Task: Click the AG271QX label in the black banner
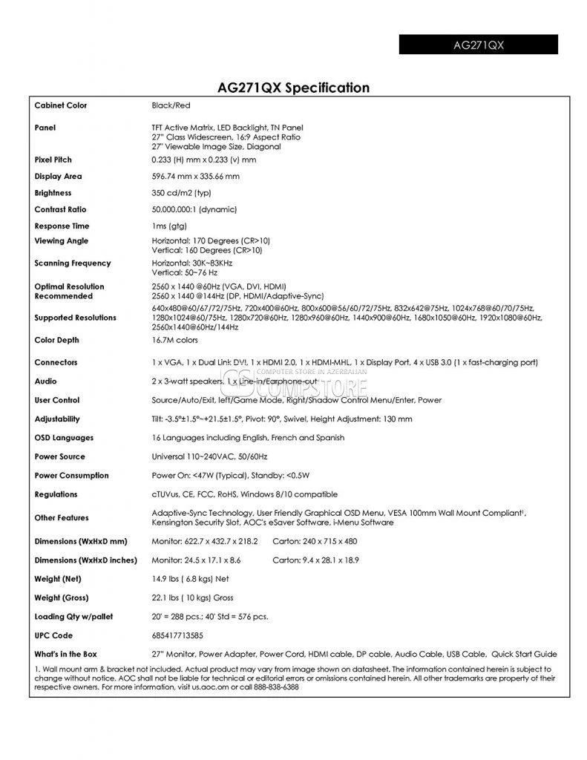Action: pos(479,45)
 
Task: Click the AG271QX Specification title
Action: pos(293,88)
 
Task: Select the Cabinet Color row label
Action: pos(61,105)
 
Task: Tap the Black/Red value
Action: pos(171,105)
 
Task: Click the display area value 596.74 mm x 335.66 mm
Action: pos(195,177)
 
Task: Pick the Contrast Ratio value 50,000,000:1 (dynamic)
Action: pos(197,210)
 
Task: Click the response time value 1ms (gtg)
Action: pos(169,226)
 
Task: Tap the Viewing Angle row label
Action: pos(61,241)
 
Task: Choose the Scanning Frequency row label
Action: pos(73,263)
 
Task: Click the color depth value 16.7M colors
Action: pos(175,341)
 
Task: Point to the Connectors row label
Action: pos(56,363)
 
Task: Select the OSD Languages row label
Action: pos(64,438)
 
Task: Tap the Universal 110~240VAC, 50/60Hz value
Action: pos(209,456)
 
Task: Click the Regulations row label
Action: pos(57,494)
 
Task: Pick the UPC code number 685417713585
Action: pos(177,636)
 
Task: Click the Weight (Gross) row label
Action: pos(62,598)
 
